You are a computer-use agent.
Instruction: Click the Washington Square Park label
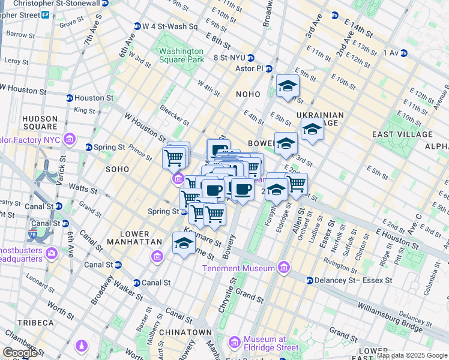(x=182, y=55)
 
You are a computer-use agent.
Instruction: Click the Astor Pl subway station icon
(x=269, y=68)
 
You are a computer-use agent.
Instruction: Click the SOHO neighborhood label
(x=117, y=170)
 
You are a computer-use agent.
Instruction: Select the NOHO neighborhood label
(x=248, y=94)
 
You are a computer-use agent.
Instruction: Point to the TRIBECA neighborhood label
(x=36, y=323)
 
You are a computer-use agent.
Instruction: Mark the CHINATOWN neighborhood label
(x=187, y=332)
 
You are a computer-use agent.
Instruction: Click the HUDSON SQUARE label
(x=40, y=123)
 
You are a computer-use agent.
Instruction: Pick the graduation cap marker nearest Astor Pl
(x=288, y=86)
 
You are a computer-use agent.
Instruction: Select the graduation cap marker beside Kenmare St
(x=184, y=244)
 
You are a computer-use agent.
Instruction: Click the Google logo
(x=20, y=353)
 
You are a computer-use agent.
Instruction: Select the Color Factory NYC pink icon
(x=70, y=140)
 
